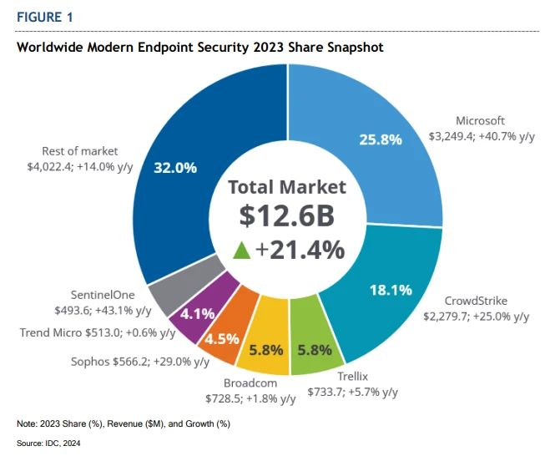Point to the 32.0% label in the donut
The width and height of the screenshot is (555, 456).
click(175, 167)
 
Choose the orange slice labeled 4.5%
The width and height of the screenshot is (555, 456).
click(223, 338)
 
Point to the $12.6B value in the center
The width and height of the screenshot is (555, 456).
click(286, 215)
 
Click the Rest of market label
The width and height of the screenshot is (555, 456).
click(80, 151)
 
